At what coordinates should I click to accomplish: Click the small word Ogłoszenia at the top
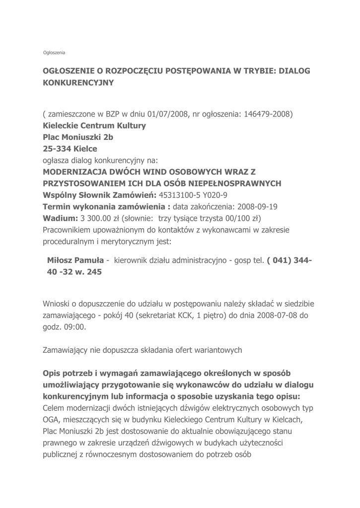click(54, 52)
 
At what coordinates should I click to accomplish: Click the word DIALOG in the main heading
click(293, 71)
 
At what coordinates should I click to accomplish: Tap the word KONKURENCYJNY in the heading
click(78, 83)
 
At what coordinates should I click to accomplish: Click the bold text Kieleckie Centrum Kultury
click(94, 126)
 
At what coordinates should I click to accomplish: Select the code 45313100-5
click(183, 195)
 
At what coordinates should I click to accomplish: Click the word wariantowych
click(218, 350)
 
